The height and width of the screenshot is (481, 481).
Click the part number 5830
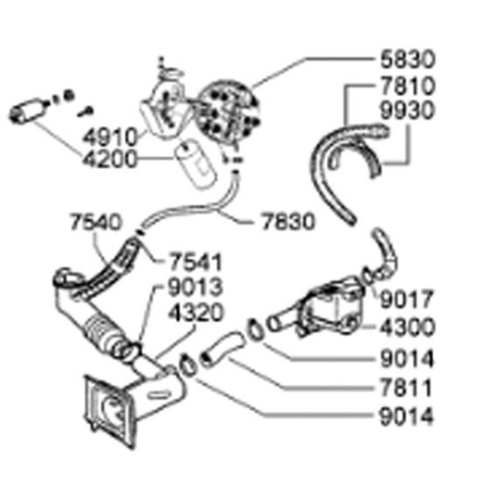[408, 59]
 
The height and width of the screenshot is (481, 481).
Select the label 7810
[408, 86]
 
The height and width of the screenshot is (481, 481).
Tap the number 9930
[408, 110]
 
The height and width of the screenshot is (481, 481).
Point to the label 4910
[110, 137]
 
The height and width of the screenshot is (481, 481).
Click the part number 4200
[109, 159]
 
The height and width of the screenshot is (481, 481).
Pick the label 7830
[288, 221]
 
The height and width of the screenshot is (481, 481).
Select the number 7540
[95, 222]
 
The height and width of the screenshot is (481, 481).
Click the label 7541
[195, 262]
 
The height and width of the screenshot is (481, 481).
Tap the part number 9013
[195, 288]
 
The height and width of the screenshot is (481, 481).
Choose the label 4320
[196, 312]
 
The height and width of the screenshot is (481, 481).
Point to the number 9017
[407, 299]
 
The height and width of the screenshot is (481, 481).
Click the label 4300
[408, 327]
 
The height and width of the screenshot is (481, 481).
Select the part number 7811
[406, 387]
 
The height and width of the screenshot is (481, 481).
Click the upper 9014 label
[407, 359]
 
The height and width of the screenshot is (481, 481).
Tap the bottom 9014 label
[407, 416]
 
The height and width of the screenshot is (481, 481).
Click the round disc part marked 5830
[227, 112]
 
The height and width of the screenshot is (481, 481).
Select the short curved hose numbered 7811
[222, 348]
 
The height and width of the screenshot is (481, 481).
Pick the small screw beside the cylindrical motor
[86, 112]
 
